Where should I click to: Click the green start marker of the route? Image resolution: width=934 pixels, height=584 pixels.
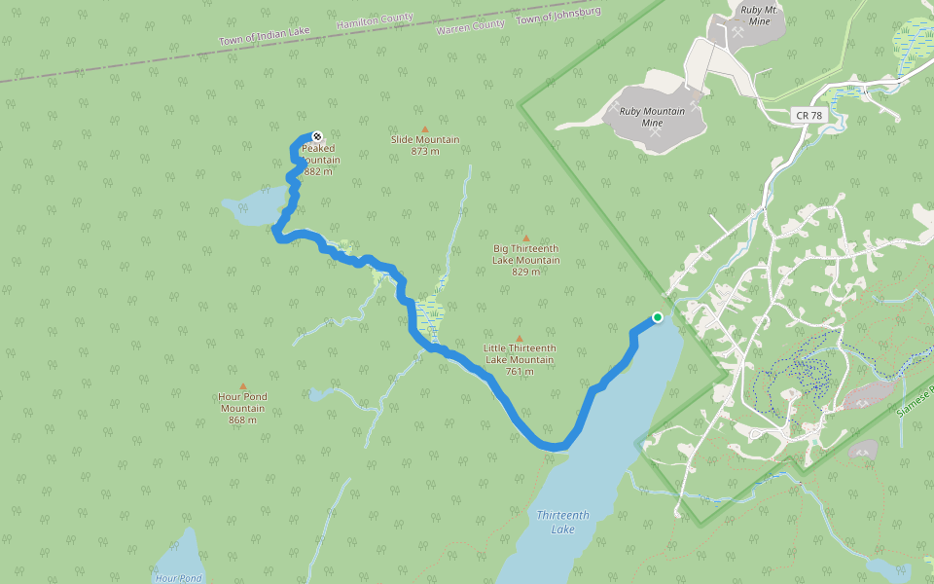(x=658, y=317)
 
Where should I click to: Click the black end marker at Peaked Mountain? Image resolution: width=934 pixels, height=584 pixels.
(x=316, y=137)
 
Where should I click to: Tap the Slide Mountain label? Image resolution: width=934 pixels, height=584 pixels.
(x=425, y=139)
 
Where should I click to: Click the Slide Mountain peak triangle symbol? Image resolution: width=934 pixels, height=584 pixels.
(x=424, y=128)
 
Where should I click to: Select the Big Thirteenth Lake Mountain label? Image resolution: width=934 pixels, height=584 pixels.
(x=526, y=254)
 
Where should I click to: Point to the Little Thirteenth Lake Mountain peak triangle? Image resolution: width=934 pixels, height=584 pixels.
(x=519, y=338)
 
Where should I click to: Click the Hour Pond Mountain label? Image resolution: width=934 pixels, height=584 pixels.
(x=242, y=402)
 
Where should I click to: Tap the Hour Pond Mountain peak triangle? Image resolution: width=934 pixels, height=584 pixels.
(x=243, y=385)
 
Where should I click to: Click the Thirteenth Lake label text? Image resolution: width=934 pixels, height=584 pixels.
(x=562, y=522)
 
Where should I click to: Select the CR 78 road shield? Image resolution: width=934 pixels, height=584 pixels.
(x=808, y=115)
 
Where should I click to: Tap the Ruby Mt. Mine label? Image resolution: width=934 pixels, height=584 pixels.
(x=762, y=16)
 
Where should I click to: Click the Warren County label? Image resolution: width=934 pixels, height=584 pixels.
(x=471, y=27)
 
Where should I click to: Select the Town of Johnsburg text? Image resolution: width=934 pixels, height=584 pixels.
(x=558, y=16)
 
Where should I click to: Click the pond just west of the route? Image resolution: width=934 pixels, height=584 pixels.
(x=256, y=207)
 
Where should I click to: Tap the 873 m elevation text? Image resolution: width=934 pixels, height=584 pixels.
(x=425, y=151)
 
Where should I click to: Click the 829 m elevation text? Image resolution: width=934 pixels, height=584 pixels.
(x=526, y=272)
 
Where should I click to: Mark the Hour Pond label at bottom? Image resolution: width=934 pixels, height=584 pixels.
(x=178, y=578)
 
